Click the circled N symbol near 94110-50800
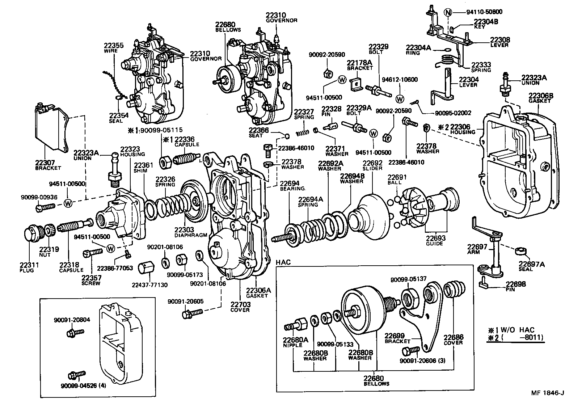(x=448, y=12)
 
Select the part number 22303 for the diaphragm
(x=185, y=229)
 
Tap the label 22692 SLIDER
(x=372, y=166)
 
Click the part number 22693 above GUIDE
(x=435, y=239)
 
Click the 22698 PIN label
(x=516, y=286)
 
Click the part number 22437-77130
(x=149, y=285)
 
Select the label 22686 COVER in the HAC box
(x=453, y=340)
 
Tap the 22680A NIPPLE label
(x=295, y=342)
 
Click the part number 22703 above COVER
(x=240, y=305)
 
